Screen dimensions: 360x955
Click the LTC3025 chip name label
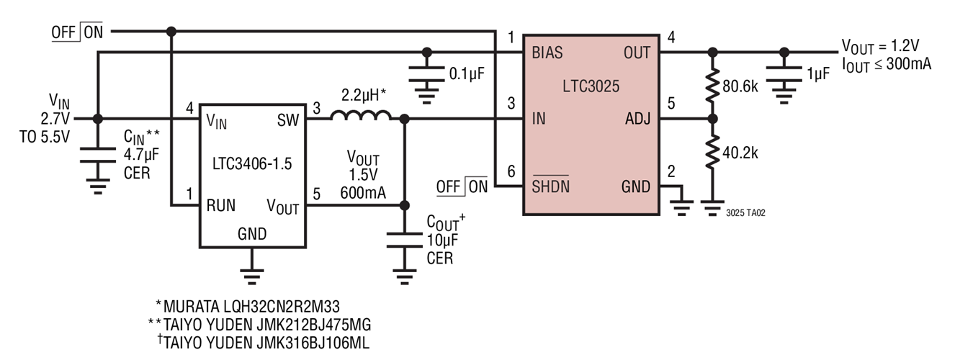[591, 86]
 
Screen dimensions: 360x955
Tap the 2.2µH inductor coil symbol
[361, 116]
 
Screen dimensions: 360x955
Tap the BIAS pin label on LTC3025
[547, 53]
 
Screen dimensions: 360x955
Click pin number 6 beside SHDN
[511, 172]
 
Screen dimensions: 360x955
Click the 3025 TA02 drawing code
[745, 214]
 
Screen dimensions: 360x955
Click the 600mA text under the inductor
[365, 192]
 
